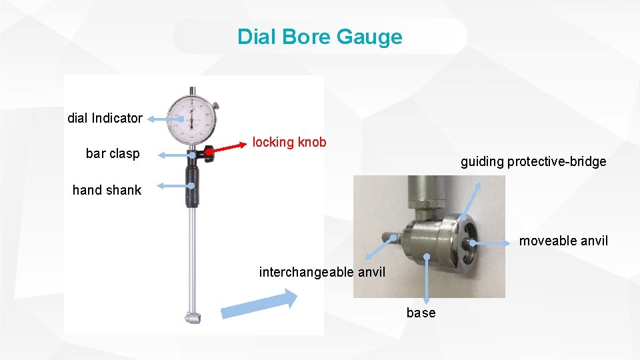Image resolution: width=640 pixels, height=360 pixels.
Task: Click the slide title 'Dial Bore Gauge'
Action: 320,36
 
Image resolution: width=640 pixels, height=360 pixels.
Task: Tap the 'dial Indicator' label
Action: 105,118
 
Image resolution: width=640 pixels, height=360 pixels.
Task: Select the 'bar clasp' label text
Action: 113,153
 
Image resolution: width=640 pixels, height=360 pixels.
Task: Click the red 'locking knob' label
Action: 289,142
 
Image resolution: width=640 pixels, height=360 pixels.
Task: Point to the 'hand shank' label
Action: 107,190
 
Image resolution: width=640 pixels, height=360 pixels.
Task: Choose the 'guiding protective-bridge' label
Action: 533,161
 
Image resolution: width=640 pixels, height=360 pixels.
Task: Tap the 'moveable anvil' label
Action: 563,241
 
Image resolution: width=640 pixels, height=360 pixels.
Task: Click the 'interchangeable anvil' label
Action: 322,271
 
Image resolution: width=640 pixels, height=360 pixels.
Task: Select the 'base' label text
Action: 421,313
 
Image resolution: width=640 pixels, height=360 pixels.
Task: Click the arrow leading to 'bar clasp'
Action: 175,155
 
